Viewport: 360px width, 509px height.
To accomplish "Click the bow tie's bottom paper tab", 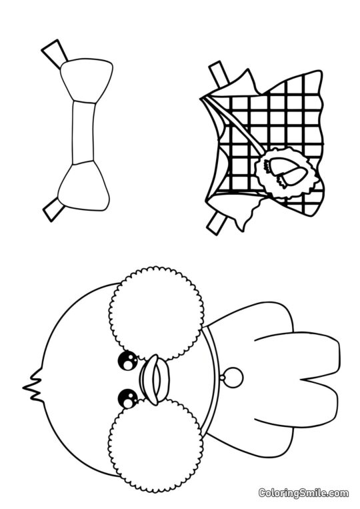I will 53,209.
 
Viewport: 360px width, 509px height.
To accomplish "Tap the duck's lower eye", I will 126,399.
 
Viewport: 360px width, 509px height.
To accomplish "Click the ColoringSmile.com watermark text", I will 303,493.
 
